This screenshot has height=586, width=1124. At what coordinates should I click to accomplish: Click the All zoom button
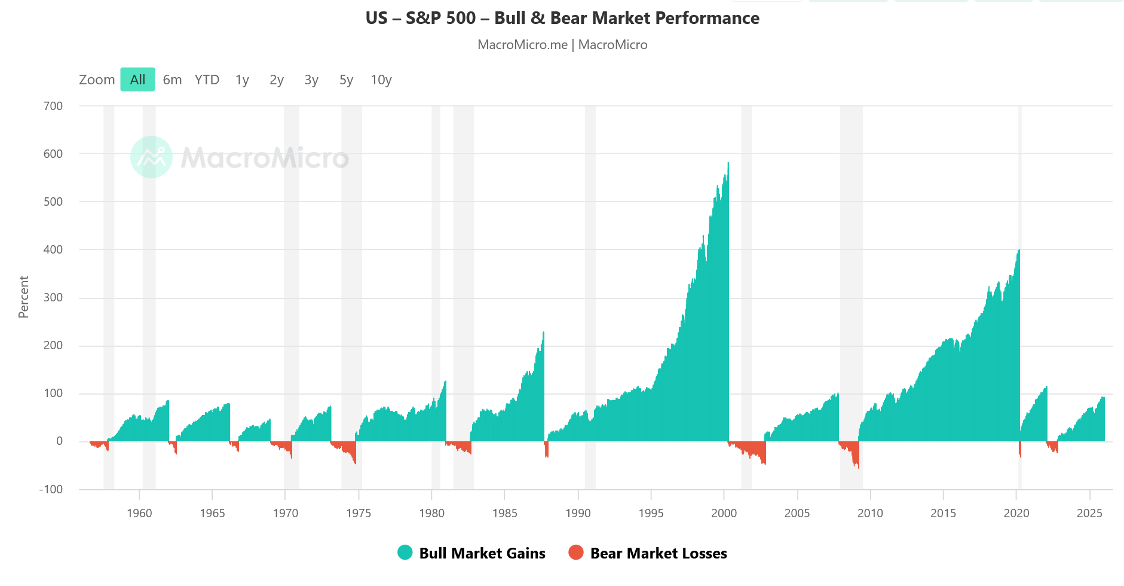pyautogui.click(x=137, y=80)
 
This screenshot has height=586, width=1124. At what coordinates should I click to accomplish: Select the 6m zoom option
pyautogui.click(x=172, y=80)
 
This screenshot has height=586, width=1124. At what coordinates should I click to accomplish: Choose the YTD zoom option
pyautogui.click(x=207, y=80)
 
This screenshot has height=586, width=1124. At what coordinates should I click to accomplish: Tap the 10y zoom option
pyautogui.click(x=381, y=80)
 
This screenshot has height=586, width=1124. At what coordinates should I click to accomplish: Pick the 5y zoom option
pyautogui.click(x=346, y=80)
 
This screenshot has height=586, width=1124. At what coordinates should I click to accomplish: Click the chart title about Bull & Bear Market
pyautogui.click(x=562, y=18)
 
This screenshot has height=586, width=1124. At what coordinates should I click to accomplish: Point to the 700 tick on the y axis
pyautogui.click(x=53, y=106)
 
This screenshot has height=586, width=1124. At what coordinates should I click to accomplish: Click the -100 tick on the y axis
pyautogui.click(x=51, y=489)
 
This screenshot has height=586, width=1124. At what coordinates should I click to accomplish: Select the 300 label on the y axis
pyautogui.click(x=53, y=297)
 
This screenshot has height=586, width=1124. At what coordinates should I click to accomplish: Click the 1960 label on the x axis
pyautogui.click(x=139, y=513)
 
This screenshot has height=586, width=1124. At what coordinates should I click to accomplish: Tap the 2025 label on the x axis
pyautogui.click(x=1089, y=513)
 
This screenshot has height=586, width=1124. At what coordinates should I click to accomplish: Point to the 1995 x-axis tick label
pyautogui.click(x=651, y=513)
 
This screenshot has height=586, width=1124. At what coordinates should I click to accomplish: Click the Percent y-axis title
pyautogui.click(x=23, y=297)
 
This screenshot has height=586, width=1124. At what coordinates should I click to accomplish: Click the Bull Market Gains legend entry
pyautogui.click(x=482, y=553)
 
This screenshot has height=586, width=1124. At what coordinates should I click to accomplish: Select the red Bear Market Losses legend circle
pyautogui.click(x=576, y=553)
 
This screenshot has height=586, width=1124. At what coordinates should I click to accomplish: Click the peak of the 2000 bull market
pyautogui.click(x=728, y=163)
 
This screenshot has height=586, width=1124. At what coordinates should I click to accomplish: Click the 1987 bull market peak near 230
pyautogui.click(x=543, y=333)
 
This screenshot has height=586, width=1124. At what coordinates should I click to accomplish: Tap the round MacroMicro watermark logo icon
pyautogui.click(x=151, y=157)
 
